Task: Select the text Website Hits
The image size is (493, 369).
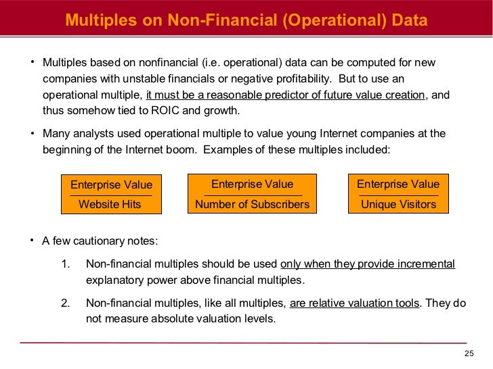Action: click(110, 204)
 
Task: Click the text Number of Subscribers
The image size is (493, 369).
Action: click(252, 204)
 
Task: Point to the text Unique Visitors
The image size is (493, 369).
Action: click(398, 204)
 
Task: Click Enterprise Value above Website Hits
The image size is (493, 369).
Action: click(111, 185)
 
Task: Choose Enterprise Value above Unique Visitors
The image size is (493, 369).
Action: click(398, 184)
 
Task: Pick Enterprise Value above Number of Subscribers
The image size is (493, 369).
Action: click(252, 184)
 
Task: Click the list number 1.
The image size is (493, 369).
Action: click(65, 264)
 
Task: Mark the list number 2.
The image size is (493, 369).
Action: click(65, 303)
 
